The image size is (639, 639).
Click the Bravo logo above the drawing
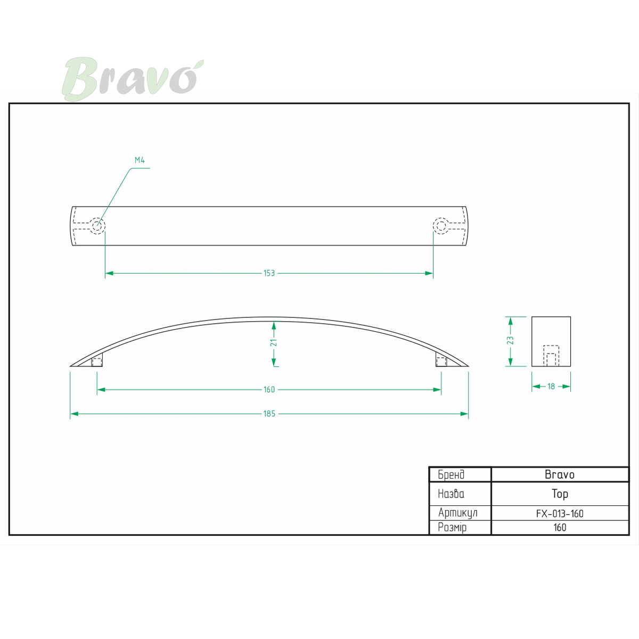pyautogui.click(x=133, y=79)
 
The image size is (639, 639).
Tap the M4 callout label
pyautogui.click(x=140, y=160)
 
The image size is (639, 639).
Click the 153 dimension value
pyautogui.click(x=269, y=273)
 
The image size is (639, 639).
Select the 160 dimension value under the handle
pyautogui.click(x=269, y=389)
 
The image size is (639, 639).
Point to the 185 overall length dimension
pyautogui.click(x=269, y=414)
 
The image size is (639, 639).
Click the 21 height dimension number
pyautogui.click(x=274, y=342)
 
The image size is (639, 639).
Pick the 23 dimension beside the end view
pyautogui.click(x=510, y=341)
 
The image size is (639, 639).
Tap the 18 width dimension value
pyautogui.click(x=551, y=386)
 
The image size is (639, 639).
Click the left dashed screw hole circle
pyautogui.click(x=97, y=226)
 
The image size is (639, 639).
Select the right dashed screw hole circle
pyautogui.click(x=441, y=226)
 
